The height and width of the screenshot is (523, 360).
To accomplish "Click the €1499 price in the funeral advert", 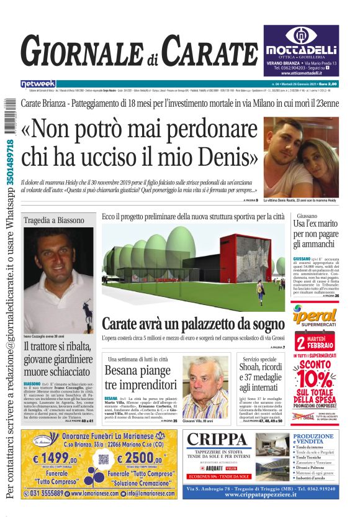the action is (47, 458).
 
